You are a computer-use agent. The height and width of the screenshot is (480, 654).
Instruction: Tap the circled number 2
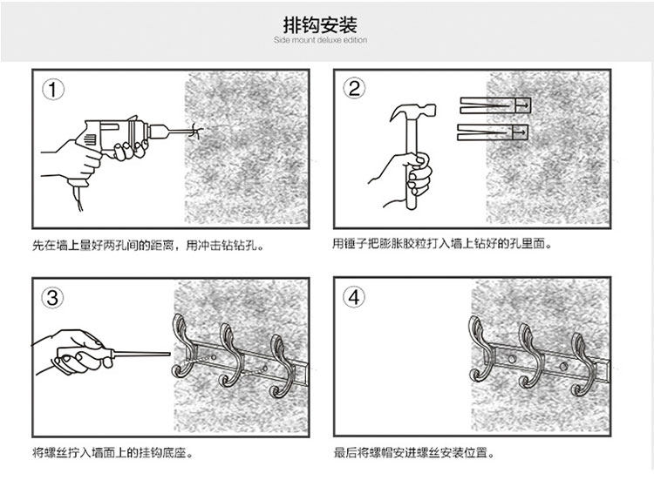coord(355,89)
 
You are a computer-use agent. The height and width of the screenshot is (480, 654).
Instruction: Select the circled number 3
coord(54,298)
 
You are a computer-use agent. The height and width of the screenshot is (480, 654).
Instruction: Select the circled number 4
coord(355,298)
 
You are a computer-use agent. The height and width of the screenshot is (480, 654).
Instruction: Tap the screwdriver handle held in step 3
coord(83,355)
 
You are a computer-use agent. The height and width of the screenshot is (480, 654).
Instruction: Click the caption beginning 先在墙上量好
coord(147,246)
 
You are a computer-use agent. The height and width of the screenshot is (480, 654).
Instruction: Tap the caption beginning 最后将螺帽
coord(414,453)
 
